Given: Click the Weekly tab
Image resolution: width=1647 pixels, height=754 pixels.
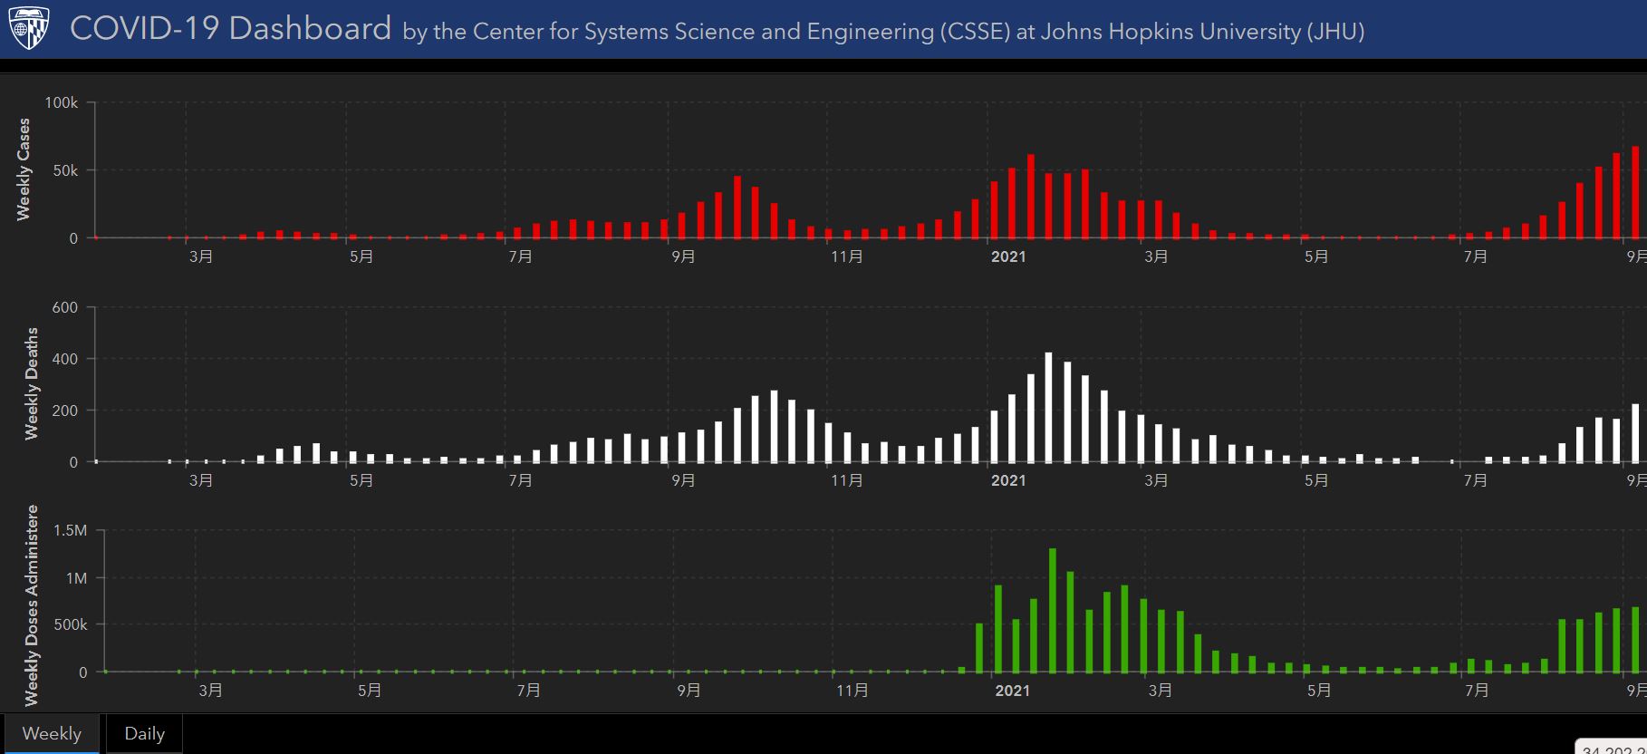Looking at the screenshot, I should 52,733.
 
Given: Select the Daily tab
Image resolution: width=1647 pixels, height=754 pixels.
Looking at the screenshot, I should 144,733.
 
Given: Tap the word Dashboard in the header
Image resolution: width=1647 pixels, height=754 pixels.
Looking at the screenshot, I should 310,29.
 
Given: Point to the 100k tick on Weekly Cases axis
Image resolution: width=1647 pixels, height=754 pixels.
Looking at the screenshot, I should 62,103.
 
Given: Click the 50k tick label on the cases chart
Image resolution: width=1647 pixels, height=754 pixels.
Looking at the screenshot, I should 65,170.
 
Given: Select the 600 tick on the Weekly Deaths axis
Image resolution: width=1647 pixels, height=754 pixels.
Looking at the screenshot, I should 65,307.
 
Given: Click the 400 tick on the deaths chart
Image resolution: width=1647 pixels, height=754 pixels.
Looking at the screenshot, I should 65,359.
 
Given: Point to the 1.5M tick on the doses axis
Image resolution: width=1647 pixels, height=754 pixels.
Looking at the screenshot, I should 70,530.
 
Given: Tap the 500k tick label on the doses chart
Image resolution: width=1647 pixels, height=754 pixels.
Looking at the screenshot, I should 70,624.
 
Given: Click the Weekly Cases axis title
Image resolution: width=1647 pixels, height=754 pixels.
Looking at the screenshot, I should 24,169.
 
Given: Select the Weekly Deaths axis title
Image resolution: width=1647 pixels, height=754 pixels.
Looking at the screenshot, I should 32,384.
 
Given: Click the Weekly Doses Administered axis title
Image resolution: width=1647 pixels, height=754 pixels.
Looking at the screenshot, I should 32,605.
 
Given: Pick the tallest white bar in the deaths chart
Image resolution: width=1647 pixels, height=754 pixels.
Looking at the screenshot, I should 1048,407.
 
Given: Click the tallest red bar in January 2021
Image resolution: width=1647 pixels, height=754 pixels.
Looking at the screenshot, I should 1030,197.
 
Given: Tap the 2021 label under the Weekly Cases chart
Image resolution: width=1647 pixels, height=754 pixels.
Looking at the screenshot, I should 1008,256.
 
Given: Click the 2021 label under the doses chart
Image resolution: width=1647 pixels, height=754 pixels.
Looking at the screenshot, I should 1012,691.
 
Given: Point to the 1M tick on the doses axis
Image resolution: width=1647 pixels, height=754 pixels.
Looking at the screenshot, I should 76,577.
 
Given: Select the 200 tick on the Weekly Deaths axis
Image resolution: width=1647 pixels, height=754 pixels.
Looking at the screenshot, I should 65,411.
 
